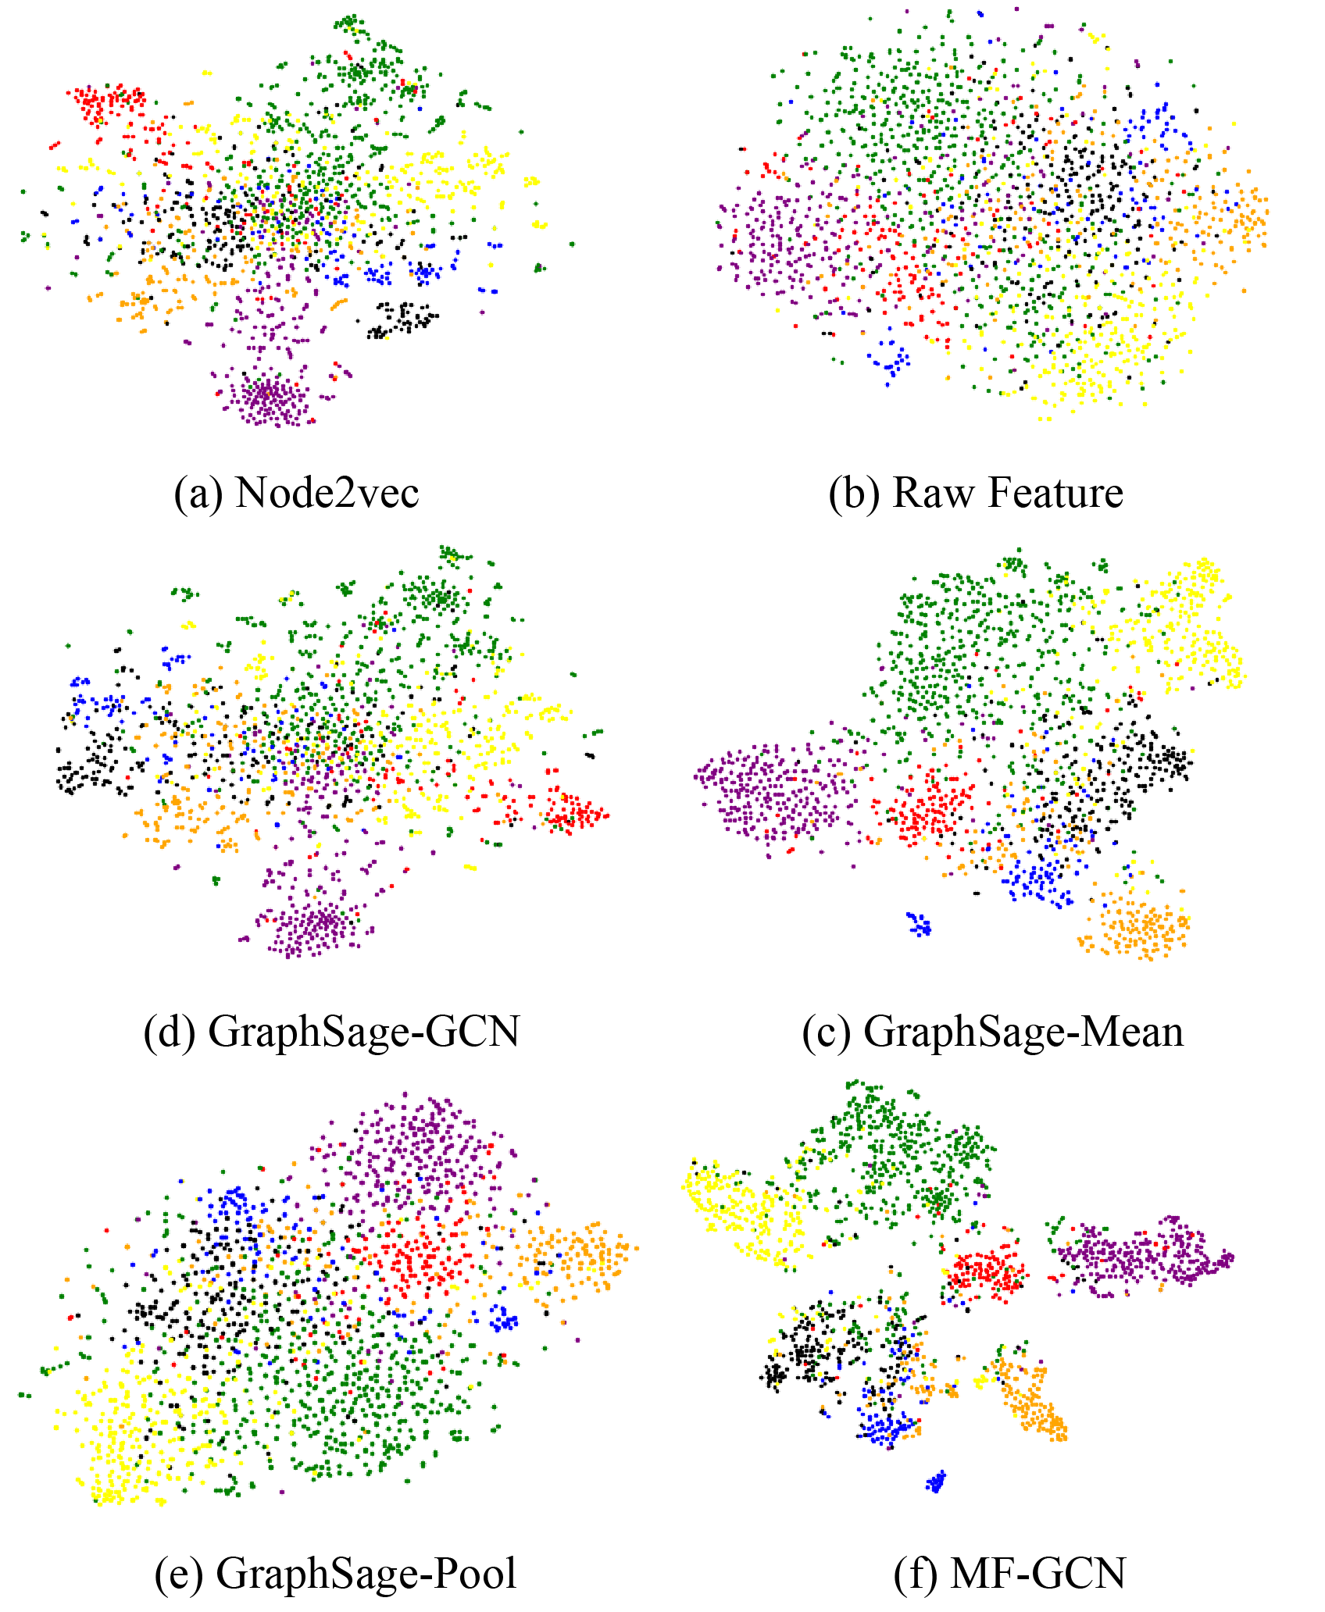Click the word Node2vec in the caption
[327, 493]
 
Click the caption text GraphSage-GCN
[364, 1032]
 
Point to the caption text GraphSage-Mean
[1023, 1032]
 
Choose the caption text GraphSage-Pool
[366, 1572]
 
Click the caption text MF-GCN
[1037, 1572]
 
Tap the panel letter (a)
[198, 494]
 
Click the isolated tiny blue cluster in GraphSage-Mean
[920, 924]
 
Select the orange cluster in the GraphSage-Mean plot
[1137, 925]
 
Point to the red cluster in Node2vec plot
[108, 102]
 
